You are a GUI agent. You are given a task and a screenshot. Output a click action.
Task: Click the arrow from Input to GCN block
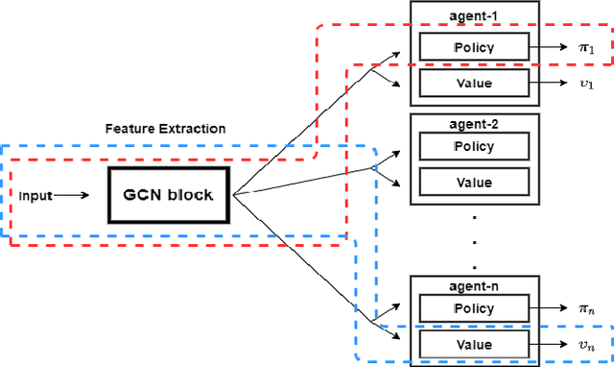pos(71,195)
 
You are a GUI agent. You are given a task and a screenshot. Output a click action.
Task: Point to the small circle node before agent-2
pos(375,168)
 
